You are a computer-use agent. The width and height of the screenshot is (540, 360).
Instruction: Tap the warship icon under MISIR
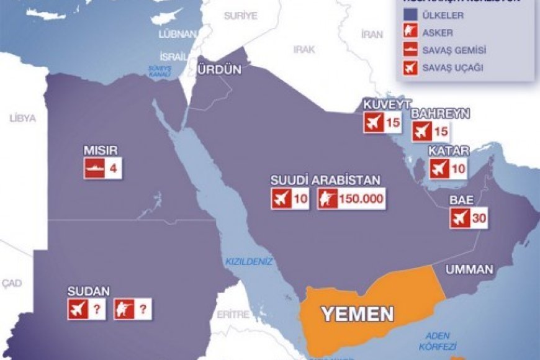94,169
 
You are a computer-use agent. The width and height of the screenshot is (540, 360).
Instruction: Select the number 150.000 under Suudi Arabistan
360,199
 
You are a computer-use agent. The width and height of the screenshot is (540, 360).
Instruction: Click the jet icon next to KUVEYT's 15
374,122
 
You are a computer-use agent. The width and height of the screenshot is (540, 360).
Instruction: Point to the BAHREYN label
440,114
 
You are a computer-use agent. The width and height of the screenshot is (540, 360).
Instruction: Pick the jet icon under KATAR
439,168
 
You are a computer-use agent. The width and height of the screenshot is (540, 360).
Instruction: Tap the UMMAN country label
469,269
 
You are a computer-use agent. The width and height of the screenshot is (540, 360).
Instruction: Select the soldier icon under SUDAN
124,309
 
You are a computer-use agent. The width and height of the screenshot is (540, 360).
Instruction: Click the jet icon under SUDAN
78,309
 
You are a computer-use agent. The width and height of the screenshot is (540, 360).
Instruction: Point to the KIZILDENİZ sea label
249,262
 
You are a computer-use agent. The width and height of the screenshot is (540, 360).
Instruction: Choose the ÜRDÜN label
218,70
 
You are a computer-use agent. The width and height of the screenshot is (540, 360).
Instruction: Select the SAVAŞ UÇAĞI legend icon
409,68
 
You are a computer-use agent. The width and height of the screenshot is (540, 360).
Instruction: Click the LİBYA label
22,117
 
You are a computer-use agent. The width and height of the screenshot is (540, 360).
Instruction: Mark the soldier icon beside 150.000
327,199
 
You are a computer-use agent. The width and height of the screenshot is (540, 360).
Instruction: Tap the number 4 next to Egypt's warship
113,169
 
